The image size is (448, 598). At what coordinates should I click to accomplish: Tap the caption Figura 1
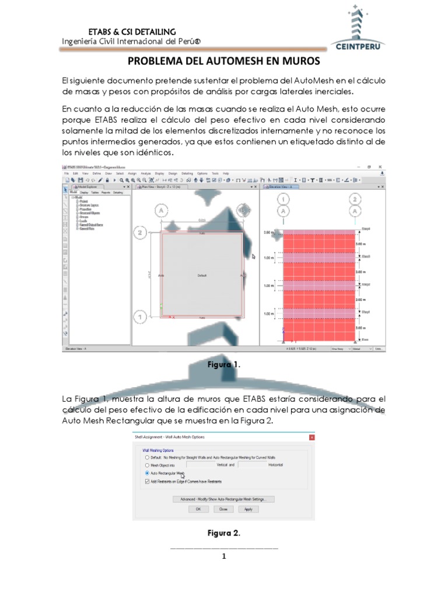coord(224,364)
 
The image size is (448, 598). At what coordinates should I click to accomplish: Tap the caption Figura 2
coord(224,533)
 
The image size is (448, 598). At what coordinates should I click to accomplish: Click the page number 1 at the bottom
coord(224,557)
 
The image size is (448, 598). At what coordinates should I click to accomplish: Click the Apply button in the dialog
coord(249,509)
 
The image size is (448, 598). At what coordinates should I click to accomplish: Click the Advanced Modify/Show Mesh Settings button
coord(223,499)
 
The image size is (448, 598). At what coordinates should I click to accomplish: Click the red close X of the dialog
coord(311,437)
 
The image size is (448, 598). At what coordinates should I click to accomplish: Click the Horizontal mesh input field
coord(254,465)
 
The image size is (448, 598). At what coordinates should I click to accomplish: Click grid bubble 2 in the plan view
coord(139,233)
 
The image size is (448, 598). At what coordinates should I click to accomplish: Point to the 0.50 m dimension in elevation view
coord(268,233)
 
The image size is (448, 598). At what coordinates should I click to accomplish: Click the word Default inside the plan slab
coord(202,274)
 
